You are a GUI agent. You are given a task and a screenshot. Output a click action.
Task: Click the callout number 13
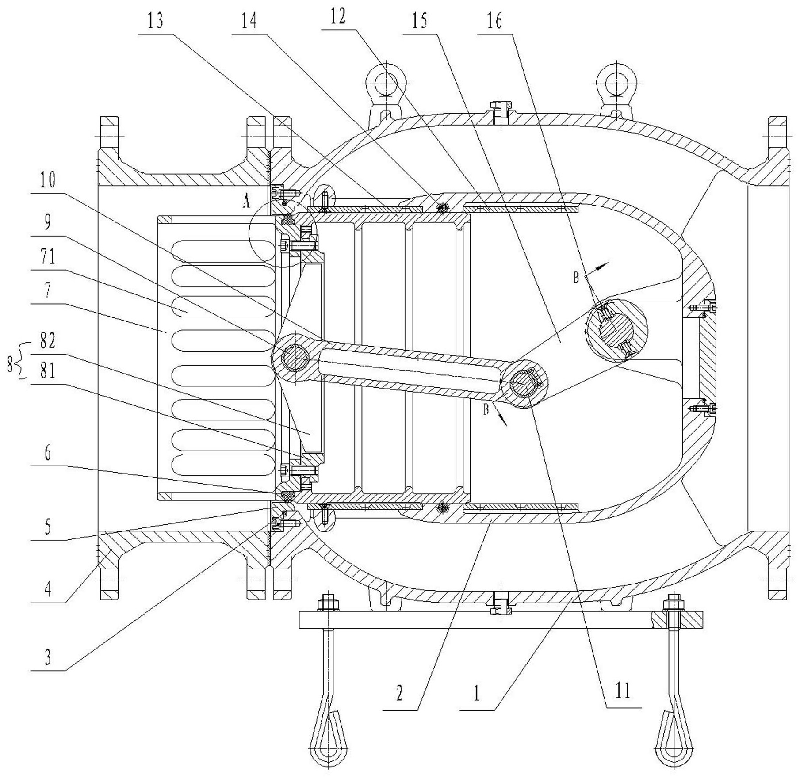(x=155, y=21)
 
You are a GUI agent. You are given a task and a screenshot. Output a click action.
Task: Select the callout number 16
(x=494, y=21)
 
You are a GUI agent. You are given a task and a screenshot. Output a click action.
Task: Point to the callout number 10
(x=48, y=180)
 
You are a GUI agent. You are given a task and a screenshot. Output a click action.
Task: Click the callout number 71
(x=48, y=256)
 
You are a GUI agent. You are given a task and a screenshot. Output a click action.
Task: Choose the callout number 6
(x=48, y=454)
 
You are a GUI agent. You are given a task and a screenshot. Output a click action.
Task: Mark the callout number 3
(x=48, y=657)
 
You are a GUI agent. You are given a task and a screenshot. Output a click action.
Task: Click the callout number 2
(x=400, y=693)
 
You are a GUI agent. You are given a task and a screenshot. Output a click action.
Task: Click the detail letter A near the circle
(x=246, y=202)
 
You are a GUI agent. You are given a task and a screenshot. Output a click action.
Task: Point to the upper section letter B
(x=576, y=278)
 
